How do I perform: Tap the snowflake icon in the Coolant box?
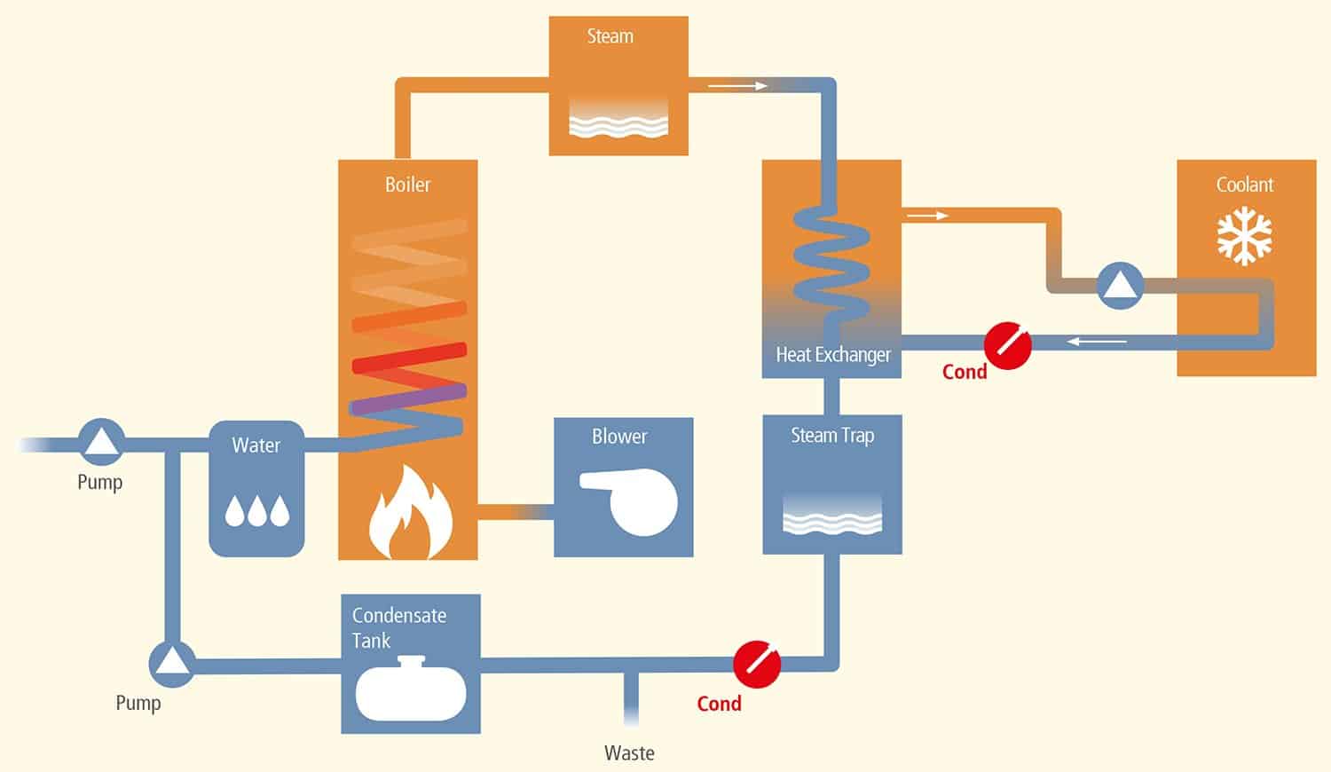point(1244,236)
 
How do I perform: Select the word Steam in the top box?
point(610,36)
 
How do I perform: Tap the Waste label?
point(629,753)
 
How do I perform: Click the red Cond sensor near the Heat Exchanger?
point(1008,345)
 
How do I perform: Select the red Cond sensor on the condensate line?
point(757,664)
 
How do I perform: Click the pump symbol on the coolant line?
point(1120,286)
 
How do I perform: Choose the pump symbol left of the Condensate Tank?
point(171,663)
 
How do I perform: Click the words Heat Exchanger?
point(832,355)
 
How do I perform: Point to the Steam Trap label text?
point(832,436)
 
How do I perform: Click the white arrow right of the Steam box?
point(737,86)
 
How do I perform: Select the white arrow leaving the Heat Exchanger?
point(927,216)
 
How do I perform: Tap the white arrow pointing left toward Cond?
point(1097,341)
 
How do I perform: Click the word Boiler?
point(407,185)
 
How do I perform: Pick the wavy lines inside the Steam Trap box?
point(832,518)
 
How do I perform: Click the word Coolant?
point(1244,185)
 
